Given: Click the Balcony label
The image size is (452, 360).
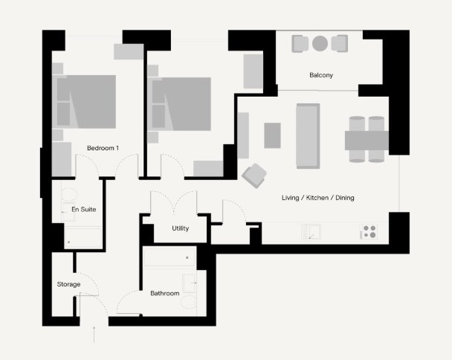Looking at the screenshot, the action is (x=321, y=75).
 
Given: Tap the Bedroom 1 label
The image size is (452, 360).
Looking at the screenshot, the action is (x=103, y=148).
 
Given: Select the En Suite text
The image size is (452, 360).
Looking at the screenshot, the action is (x=83, y=209).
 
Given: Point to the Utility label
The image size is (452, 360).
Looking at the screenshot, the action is (x=181, y=228).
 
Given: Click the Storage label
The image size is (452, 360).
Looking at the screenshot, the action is (x=68, y=284).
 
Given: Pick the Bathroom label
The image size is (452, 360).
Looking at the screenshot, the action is (x=165, y=293).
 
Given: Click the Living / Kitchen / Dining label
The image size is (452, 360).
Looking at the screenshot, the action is (x=318, y=198).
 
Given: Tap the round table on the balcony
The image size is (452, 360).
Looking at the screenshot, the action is (x=320, y=43).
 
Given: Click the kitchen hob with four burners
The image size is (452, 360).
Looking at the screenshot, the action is (x=369, y=231).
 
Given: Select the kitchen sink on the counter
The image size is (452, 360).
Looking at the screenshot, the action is (x=311, y=231).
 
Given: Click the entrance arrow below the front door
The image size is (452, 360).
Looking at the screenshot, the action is (x=94, y=335).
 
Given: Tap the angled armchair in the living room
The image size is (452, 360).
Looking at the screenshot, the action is (x=254, y=176).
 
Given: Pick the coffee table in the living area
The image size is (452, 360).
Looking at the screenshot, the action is (x=272, y=135).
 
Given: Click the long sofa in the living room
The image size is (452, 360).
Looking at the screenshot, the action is (x=308, y=136).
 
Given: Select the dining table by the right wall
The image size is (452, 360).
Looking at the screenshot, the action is (x=367, y=141).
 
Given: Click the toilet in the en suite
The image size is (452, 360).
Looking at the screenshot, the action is (x=69, y=194).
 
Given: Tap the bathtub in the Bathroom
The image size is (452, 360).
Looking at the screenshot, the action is (x=169, y=257).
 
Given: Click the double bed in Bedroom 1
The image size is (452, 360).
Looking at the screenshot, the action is (x=84, y=102).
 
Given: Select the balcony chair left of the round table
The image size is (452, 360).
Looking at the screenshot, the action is (x=300, y=44).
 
